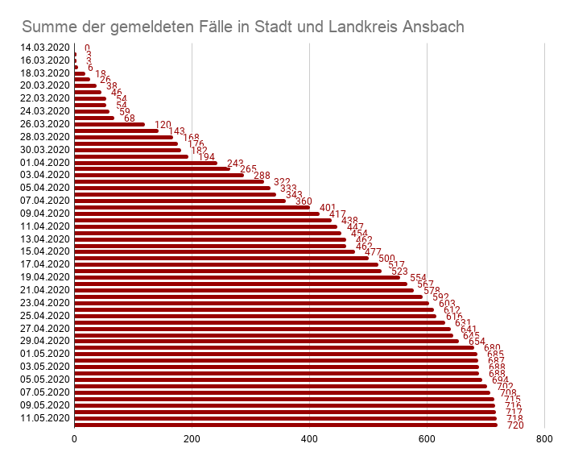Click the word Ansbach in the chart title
(x=432, y=27)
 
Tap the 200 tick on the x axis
(x=192, y=439)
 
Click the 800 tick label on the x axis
(x=544, y=439)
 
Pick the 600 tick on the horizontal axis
(x=427, y=439)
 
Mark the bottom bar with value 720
(x=286, y=425)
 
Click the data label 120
(x=163, y=125)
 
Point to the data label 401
(x=328, y=208)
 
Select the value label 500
(x=386, y=259)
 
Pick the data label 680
(x=492, y=348)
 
